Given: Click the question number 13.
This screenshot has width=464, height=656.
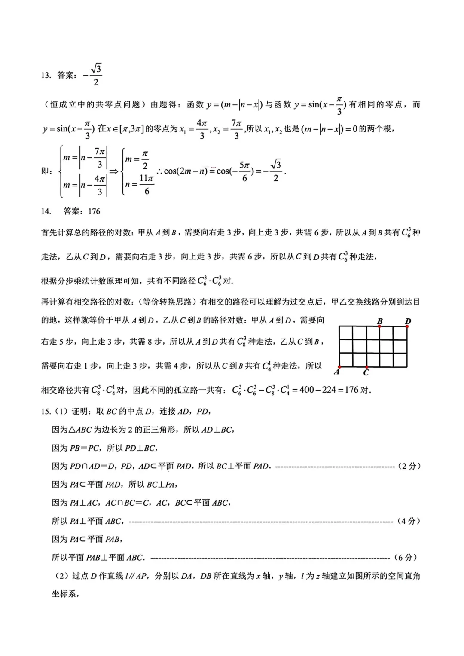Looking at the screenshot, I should coord(46,76).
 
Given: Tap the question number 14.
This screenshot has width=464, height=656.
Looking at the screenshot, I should coord(46,211).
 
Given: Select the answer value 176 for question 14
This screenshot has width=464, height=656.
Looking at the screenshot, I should coord(94,211).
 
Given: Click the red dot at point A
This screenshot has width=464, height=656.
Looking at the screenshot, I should coord(339,367).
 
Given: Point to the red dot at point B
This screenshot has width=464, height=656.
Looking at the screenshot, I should coord(380,326).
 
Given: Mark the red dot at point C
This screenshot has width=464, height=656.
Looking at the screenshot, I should coord(366,367).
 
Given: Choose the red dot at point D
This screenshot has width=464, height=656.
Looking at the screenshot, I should coord(407,326).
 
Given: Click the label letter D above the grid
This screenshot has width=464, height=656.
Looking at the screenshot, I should coord(408,321).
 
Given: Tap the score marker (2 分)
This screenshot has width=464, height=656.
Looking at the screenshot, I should coord(409,466).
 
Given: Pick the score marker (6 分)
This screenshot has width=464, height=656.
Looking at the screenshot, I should coord(406,558).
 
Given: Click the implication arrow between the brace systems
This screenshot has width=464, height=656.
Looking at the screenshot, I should coord(114,171).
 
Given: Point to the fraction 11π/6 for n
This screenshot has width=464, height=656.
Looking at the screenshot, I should coord(147,184).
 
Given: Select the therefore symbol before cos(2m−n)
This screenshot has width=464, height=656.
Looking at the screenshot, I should coord(159,171).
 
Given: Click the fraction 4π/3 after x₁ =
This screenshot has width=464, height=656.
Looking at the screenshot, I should coord(202,129).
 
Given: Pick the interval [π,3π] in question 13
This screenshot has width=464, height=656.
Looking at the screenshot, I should coord(131,129).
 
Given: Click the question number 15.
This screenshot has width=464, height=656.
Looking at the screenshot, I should coord(46,412).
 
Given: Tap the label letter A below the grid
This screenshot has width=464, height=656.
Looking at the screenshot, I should coord(337,372).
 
